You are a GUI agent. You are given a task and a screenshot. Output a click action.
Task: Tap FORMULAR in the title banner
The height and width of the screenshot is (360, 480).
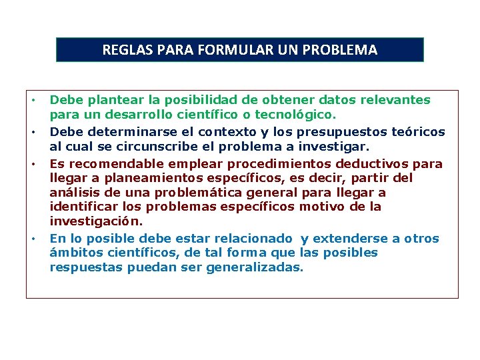[229, 50]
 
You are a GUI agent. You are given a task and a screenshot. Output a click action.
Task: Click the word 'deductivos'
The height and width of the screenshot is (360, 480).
[375, 164]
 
